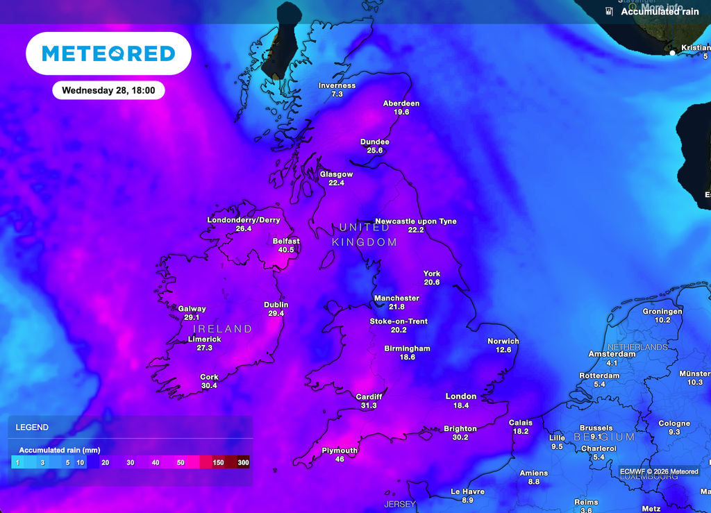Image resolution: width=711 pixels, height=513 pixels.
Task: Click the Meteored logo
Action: pyautogui.click(x=108, y=53)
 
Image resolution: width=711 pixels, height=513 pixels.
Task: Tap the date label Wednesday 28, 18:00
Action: pyautogui.click(x=108, y=90)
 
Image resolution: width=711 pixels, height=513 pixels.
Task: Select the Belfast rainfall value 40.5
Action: pyautogui.click(x=286, y=250)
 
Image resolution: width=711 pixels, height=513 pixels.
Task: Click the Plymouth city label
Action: pyautogui.click(x=340, y=451)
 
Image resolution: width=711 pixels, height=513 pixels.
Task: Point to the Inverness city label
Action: pyautogui.click(x=337, y=85)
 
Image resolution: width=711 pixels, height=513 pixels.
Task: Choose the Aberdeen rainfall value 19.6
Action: pyautogui.click(x=401, y=112)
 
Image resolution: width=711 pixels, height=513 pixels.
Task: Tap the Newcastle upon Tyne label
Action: pyautogui.click(x=416, y=221)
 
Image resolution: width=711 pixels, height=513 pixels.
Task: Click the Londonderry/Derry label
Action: pyautogui.click(x=244, y=220)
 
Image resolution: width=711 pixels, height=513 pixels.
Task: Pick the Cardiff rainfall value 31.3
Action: pyautogui.click(x=369, y=405)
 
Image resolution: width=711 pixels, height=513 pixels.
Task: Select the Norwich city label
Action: pyautogui.click(x=503, y=341)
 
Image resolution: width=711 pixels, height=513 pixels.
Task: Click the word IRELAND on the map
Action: pyautogui.click(x=222, y=328)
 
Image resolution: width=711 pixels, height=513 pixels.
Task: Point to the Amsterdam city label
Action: pyautogui.click(x=612, y=354)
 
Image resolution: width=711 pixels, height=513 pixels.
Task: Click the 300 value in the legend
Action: pyautogui.click(x=243, y=462)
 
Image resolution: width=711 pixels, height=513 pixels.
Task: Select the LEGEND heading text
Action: pyautogui.click(x=33, y=428)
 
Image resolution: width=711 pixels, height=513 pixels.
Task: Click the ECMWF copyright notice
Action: pyautogui.click(x=659, y=471)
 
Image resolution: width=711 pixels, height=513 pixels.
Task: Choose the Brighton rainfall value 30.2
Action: pyautogui.click(x=460, y=437)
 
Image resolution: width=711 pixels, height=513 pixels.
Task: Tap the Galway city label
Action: pyautogui.click(x=192, y=309)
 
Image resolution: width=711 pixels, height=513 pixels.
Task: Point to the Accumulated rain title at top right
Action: pyautogui.click(x=660, y=12)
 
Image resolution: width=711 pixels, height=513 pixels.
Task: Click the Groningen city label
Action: pyautogui.click(x=662, y=312)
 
